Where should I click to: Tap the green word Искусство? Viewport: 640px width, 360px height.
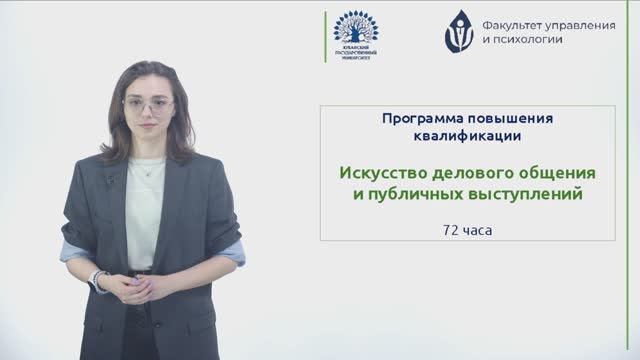379,172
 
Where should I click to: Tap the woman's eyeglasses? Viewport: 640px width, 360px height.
148,105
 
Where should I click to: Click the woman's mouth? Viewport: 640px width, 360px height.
149,131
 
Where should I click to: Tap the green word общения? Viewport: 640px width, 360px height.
554,172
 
